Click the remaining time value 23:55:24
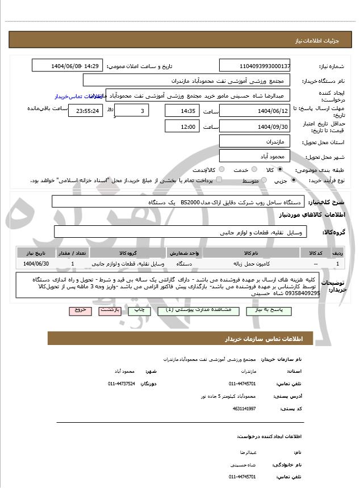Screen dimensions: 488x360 (85, 111)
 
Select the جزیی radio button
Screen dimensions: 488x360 (293, 180)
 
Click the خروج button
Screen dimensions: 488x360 (79, 310)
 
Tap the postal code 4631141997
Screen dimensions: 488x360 (244, 409)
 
